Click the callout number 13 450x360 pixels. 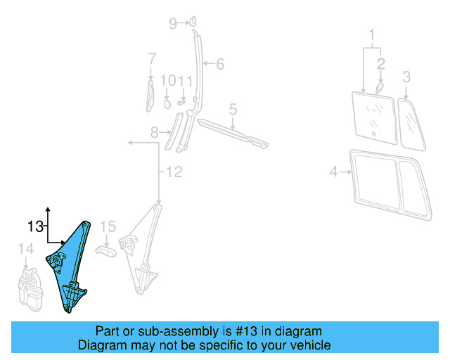(x=35, y=226)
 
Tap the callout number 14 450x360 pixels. (x=25, y=248)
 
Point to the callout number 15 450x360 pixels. (x=107, y=226)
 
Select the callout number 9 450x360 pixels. (x=173, y=24)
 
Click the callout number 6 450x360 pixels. (x=220, y=65)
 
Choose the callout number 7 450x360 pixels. (x=151, y=58)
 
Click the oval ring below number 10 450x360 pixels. (x=168, y=103)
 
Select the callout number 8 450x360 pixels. (x=155, y=131)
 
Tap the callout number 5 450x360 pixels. (x=233, y=109)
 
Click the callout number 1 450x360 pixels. (x=372, y=34)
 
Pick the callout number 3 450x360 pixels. (x=406, y=76)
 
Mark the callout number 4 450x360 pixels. (x=334, y=171)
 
